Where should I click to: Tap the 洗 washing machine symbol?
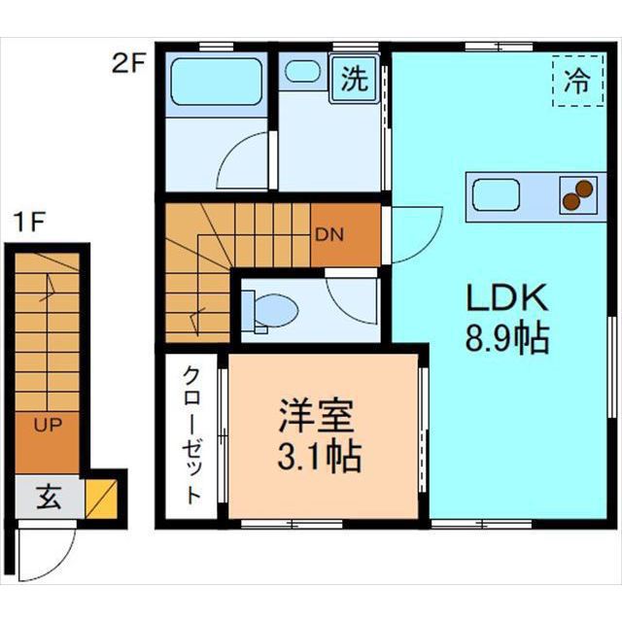(x=355, y=80)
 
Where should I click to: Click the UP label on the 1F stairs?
(x=46, y=425)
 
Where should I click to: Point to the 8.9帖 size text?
(x=505, y=339)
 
